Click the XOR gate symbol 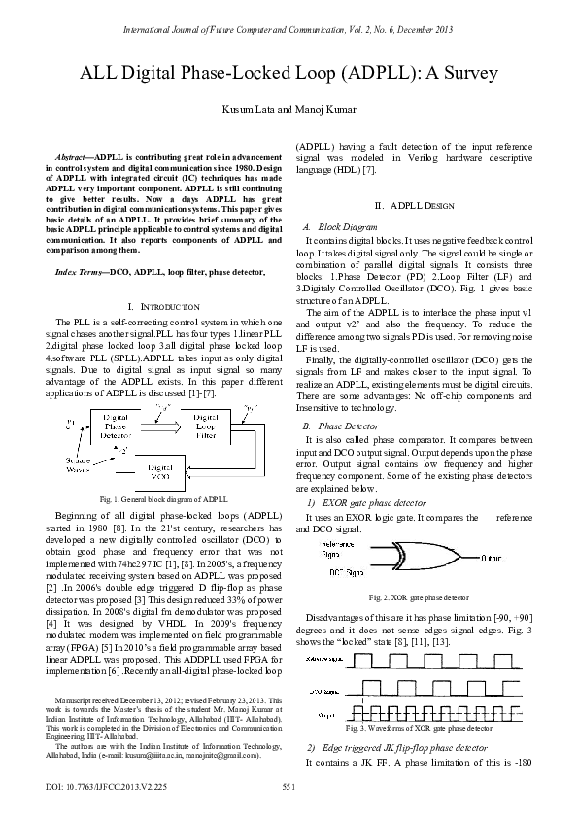tap(399, 559)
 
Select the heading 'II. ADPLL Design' tap(415, 207)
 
